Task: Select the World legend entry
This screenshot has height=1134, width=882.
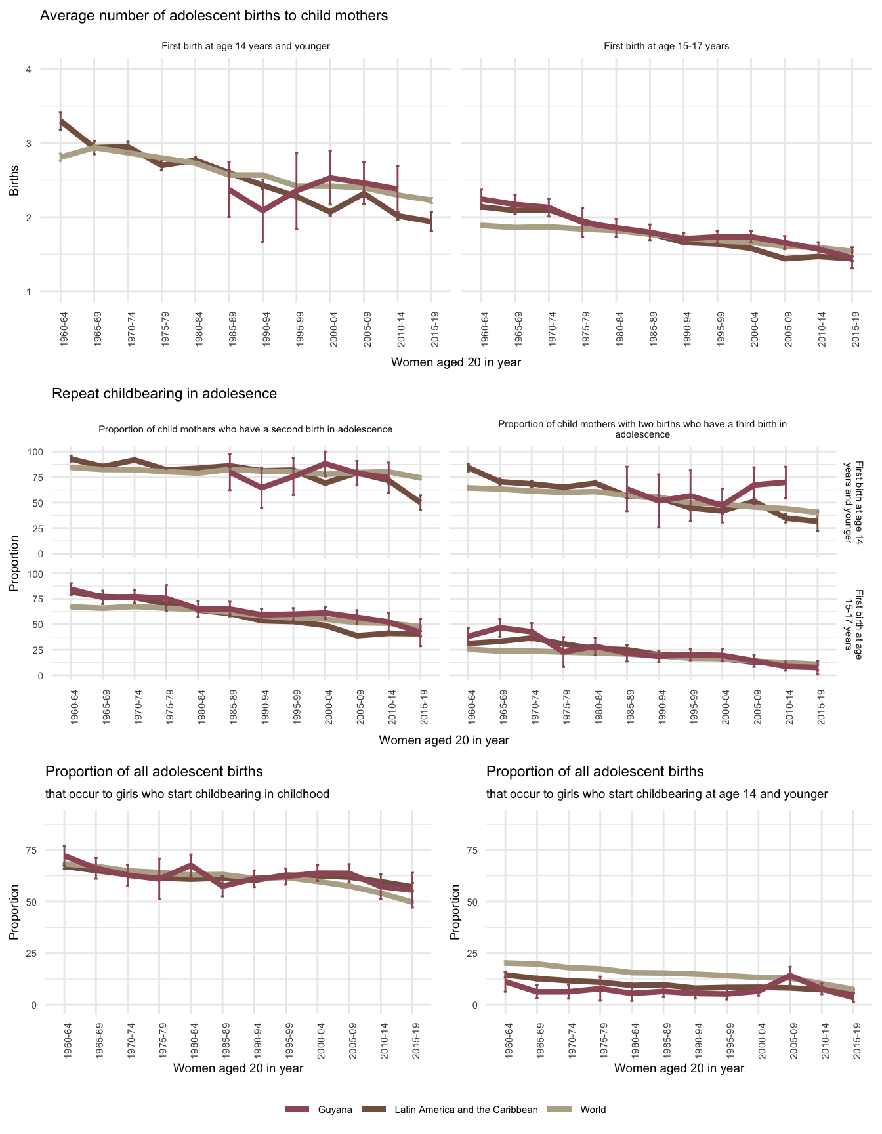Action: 593,1110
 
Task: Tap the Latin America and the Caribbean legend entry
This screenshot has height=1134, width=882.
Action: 466,1110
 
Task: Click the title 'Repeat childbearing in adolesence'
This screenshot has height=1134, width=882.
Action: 164,394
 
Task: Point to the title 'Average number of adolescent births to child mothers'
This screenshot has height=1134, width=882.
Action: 214,16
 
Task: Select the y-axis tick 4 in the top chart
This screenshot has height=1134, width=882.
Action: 29,70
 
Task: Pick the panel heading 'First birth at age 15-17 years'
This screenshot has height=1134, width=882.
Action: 666,46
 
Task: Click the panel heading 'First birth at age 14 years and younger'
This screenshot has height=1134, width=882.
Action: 245,46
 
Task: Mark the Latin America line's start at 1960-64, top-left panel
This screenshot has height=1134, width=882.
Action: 60,121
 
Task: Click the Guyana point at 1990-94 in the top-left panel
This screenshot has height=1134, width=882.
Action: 262,211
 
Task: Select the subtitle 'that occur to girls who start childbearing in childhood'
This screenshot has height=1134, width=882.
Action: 187,794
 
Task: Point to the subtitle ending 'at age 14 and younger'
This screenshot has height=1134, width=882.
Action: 657,794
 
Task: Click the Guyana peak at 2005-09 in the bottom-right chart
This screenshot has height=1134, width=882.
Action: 790,975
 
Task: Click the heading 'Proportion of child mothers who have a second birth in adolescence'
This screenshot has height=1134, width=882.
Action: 245,429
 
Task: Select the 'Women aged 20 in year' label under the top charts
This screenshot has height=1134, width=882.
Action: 456,362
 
